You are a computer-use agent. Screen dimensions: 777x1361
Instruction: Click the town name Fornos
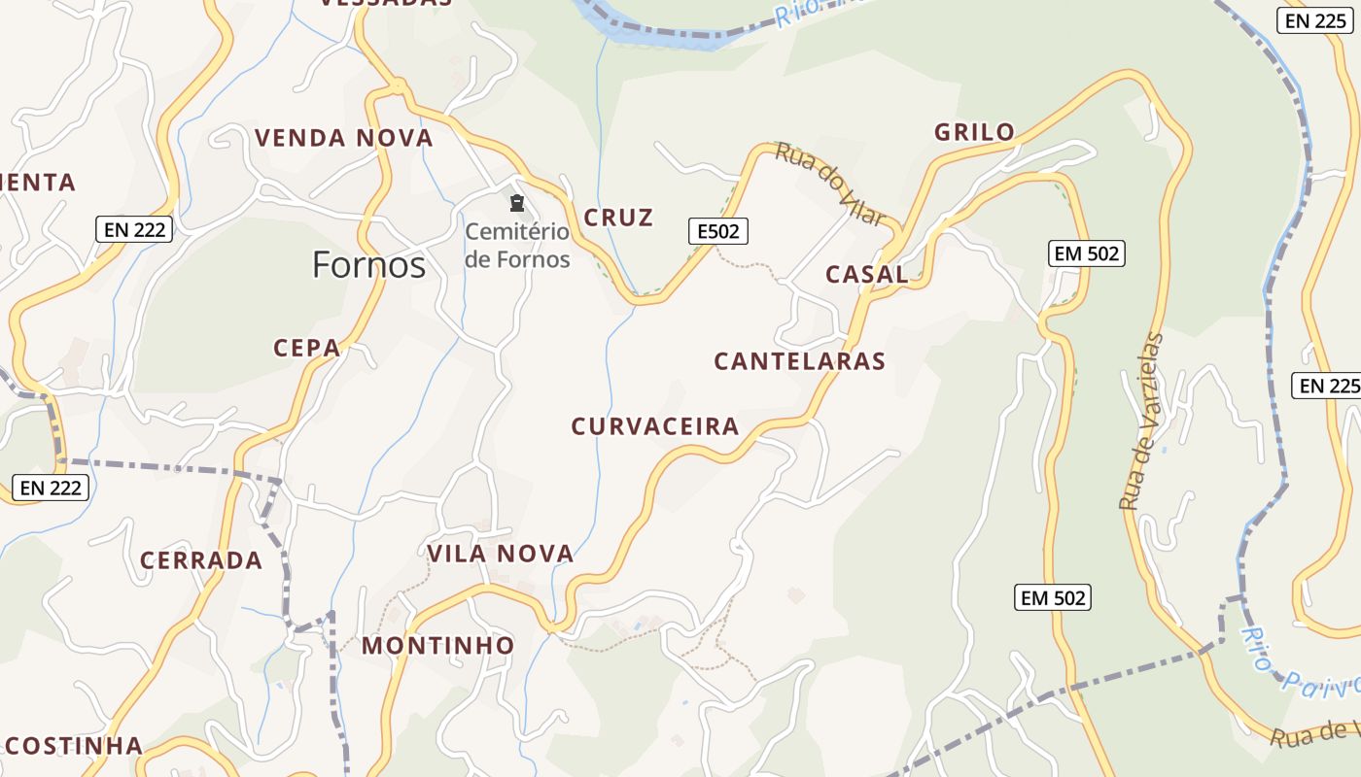(368, 264)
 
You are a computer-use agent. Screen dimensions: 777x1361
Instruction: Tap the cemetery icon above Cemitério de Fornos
(517, 204)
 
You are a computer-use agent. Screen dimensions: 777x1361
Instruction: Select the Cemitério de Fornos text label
(517, 246)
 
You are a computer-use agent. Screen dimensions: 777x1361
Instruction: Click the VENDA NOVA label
(344, 138)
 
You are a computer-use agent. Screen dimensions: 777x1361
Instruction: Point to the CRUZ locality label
(618, 218)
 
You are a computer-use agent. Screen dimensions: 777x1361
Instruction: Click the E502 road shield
(718, 231)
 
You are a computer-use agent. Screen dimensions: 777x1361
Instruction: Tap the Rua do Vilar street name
(830, 184)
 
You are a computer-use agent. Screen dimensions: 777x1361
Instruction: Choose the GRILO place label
(974, 132)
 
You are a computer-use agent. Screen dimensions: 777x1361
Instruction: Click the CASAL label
(866, 274)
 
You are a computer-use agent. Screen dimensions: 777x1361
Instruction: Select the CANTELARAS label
(799, 361)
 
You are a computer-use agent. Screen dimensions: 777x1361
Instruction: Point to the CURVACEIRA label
(655, 425)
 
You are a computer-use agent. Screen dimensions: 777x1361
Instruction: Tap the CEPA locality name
(307, 348)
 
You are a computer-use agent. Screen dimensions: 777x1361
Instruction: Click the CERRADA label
(201, 560)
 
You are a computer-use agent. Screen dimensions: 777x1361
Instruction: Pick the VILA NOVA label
(501, 554)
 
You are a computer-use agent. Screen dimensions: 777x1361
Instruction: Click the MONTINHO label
(438, 645)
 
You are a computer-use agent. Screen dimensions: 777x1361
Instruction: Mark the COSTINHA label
(74, 746)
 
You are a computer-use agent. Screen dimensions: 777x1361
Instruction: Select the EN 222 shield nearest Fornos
(135, 230)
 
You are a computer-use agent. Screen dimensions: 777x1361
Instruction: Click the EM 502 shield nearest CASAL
(1086, 254)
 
